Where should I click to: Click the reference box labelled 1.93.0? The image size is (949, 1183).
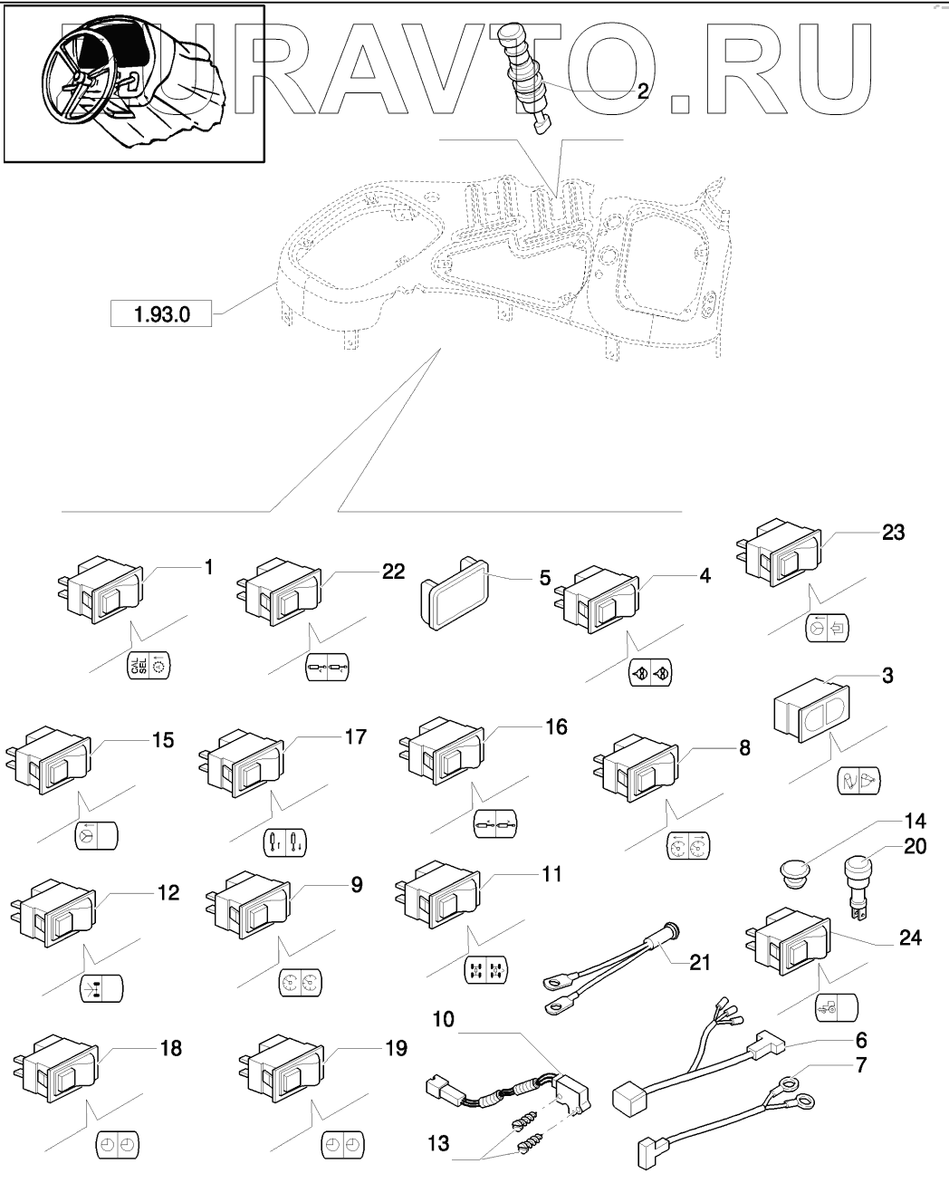coord(161,314)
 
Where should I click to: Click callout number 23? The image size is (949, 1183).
coord(893,533)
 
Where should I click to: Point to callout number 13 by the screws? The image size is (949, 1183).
coord(438,1145)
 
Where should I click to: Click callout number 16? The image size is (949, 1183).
coord(555,727)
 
